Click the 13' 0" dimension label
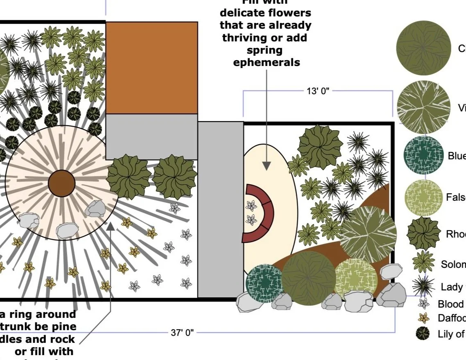pos(318,91)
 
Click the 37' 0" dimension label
pos(182,333)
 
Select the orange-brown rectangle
pos(152,68)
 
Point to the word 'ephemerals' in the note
pos(266,63)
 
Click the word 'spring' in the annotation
pos(265,50)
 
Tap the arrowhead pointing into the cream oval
pos(267,166)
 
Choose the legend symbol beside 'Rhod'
pos(423,234)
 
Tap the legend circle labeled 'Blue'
pos(423,155)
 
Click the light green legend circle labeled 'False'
pos(423,198)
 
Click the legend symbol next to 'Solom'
pos(423,262)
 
